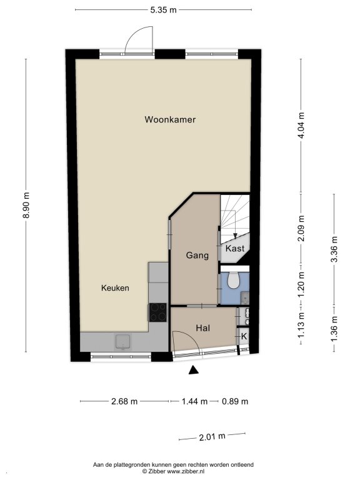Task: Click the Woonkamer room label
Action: pyautogui.click(x=170, y=119)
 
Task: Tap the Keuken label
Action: pyautogui.click(x=115, y=287)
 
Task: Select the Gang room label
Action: pyautogui.click(x=197, y=255)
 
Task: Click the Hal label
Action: pyautogui.click(x=203, y=328)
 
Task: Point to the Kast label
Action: pyautogui.click(x=235, y=248)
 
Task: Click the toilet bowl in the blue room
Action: pyautogui.click(x=234, y=280)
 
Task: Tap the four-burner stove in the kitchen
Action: pyautogui.click(x=158, y=312)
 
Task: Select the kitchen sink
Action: pyautogui.click(x=122, y=342)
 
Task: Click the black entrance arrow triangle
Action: pyautogui.click(x=194, y=370)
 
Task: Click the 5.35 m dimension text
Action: pyautogui.click(x=164, y=10)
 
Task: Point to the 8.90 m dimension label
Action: pyautogui.click(x=27, y=205)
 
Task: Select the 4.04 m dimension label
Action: pyautogui.click(x=301, y=125)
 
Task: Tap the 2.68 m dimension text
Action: pyautogui.click(x=124, y=401)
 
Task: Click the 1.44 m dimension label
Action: pyautogui.click(x=195, y=401)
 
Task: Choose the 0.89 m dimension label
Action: pyautogui.click(x=235, y=401)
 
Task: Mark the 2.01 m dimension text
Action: pyautogui.click(x=212, y=436)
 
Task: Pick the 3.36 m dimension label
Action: pyautogui.click(x=334, y=249)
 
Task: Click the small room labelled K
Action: pyautogui.click(x=244, y=336)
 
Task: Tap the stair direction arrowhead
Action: pyautogui.click(x=235, y=236)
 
